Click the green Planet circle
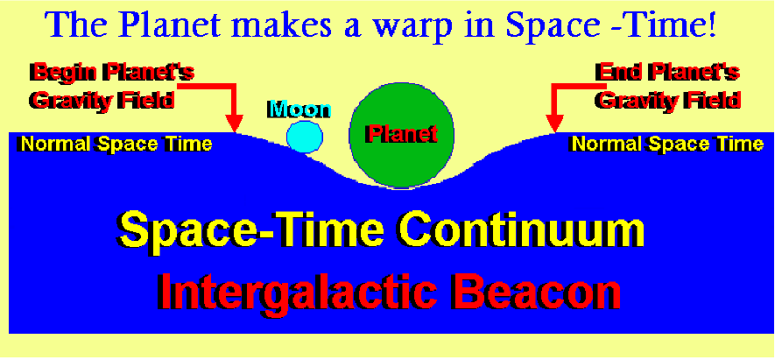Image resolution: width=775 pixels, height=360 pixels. [401, 135]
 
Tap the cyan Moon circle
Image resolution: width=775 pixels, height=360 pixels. [305, 137]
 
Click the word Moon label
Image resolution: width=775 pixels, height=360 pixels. [299, 109]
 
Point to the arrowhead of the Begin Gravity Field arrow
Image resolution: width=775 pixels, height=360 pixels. [236, 124]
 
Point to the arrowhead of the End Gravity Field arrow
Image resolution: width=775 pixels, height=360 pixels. [555, 124]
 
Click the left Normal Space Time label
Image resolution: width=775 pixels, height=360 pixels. [116, 144]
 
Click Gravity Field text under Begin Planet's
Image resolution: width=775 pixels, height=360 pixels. [102, 100]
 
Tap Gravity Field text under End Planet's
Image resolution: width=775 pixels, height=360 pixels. [668, 100]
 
